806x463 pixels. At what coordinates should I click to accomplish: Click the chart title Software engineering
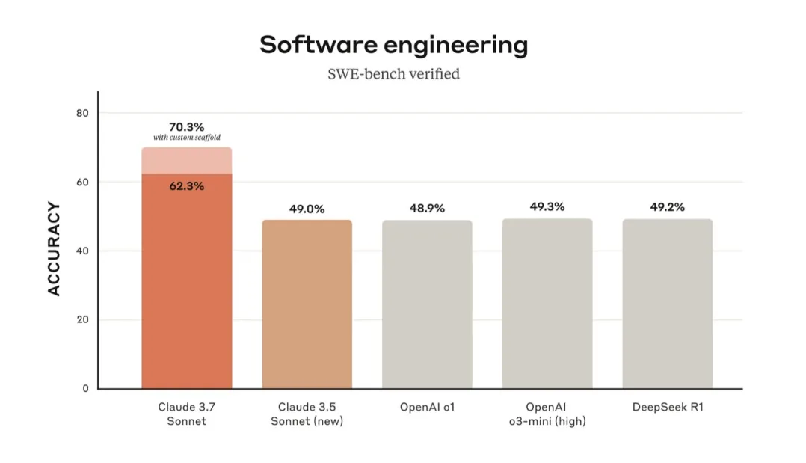tap(393, 45)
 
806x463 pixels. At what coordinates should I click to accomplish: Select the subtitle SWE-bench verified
tap(393, 74)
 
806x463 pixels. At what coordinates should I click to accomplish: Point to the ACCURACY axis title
tap(54, 248)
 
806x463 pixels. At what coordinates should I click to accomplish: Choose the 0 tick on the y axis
tap(84, 388)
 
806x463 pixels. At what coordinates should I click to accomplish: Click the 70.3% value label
tap(186, 127)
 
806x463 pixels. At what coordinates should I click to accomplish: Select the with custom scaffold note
tap(186, 138)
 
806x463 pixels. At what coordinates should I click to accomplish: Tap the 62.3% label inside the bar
tap(186, 186)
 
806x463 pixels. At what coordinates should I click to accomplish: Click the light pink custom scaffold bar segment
tap(186, 160)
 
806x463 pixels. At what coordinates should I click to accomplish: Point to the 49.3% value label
tap(547, 206)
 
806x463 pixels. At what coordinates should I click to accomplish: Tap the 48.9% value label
tap(427, 208)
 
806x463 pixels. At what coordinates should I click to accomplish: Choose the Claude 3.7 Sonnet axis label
tap(186, 414)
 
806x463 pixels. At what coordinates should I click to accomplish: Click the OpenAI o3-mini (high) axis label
tap(547, 414)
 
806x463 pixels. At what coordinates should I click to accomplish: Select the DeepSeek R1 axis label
tap(667, 407)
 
